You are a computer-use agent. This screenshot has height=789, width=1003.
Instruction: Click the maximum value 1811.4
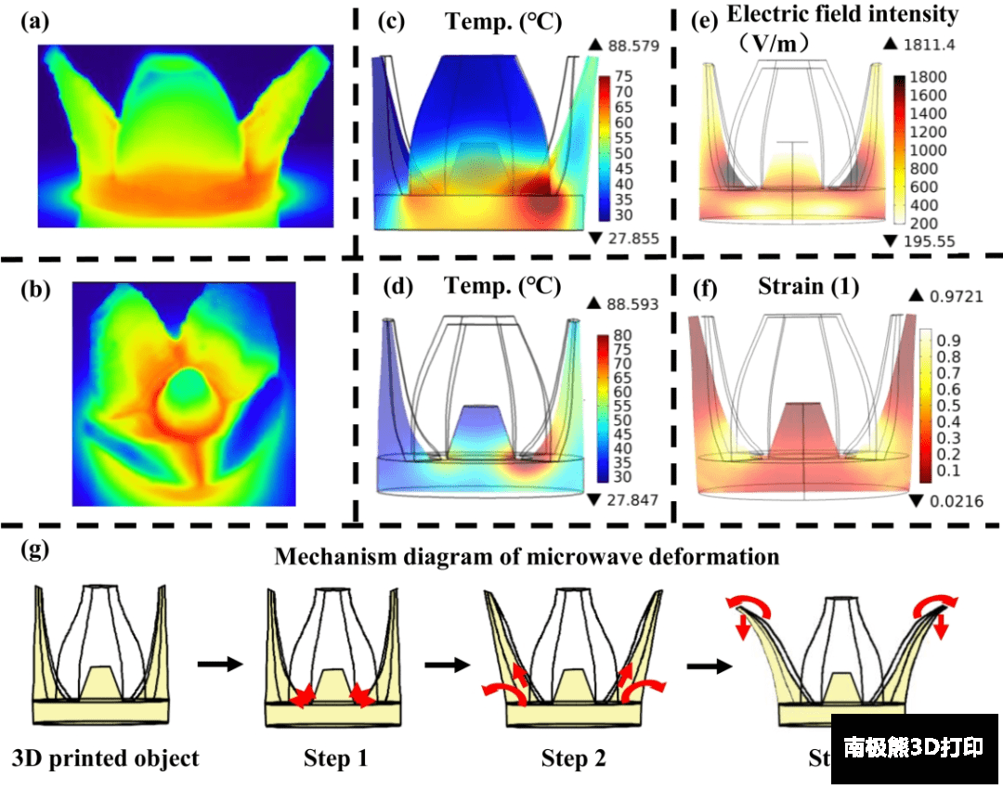point(931,45)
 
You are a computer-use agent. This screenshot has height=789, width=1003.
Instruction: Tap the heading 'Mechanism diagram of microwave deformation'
point(526,558)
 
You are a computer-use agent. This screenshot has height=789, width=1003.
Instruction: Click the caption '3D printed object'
point(105,758)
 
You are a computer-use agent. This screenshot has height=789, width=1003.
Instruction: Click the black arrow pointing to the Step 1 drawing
point(218,665)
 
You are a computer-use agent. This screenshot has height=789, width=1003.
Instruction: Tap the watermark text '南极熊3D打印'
point(914,748)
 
